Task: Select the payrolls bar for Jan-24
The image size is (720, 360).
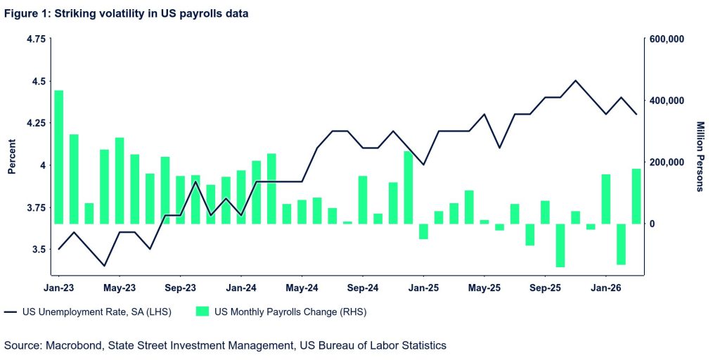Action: pos(241,197)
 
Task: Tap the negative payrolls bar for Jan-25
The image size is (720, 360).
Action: pos(423,231)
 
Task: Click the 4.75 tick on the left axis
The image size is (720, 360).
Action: pos(35,39)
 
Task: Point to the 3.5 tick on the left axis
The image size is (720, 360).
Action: pos(38,250)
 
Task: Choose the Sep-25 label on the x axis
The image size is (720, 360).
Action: pos(545,288)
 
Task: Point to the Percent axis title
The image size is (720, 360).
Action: pos(12,159)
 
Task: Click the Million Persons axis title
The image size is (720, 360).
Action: pos(700,156)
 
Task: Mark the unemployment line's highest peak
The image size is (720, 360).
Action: pos(576,81)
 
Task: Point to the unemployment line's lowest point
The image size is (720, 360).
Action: pos(104,266)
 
